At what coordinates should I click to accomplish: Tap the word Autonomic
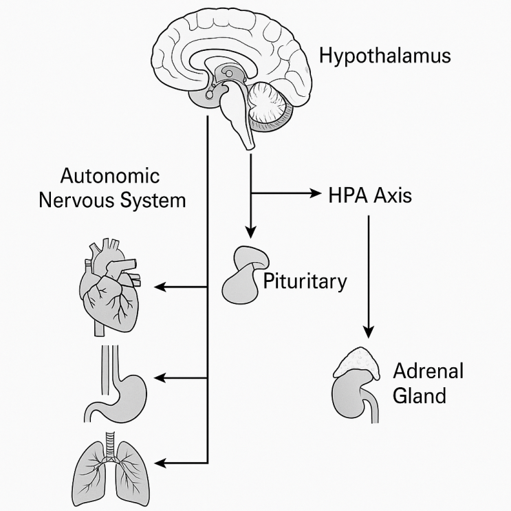coord(110,176)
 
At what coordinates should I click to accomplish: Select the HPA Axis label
coord(371,195)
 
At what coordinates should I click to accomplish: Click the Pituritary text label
coord(305,281)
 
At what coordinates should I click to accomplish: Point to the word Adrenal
coord(428,372)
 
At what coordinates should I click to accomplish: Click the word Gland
coord(420,396)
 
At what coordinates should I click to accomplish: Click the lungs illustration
coord(110,468)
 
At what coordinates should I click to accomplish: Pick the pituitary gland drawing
coord(242,275)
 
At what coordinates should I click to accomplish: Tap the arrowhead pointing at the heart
coord(159,286)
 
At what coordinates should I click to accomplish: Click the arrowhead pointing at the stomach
coord(160,378)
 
